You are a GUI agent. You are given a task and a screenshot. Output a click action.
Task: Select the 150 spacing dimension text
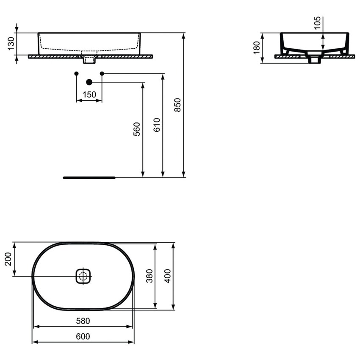coord(89,95)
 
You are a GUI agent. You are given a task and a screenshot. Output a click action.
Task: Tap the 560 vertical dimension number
coord(136,129)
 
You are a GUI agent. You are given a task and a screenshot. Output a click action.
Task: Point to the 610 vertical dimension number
coord(157,125)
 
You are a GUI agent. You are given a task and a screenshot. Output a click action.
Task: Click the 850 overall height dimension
coord(178,105)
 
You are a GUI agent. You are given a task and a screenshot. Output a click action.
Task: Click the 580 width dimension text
coord(83,321)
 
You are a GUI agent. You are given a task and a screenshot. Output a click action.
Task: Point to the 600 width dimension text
coord(83,336)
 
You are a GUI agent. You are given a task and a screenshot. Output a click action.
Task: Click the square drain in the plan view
coord(84,277)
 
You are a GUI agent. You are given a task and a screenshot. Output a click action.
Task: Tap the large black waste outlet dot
coord(89,82)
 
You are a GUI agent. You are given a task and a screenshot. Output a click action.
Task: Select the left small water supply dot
coord(76,74)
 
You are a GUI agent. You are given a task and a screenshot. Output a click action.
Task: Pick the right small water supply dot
coord(102,74)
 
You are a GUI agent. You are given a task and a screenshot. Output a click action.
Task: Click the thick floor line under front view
coord(89,177)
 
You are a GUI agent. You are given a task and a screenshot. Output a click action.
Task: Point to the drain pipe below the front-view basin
coord(89,59)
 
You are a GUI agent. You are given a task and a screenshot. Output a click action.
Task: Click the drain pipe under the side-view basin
coord(314,59)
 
